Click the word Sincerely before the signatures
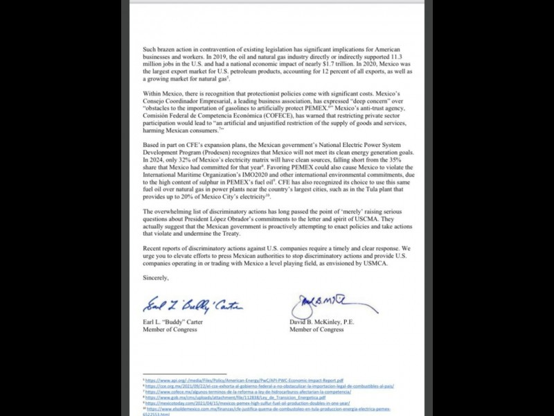[x=155, y=277]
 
